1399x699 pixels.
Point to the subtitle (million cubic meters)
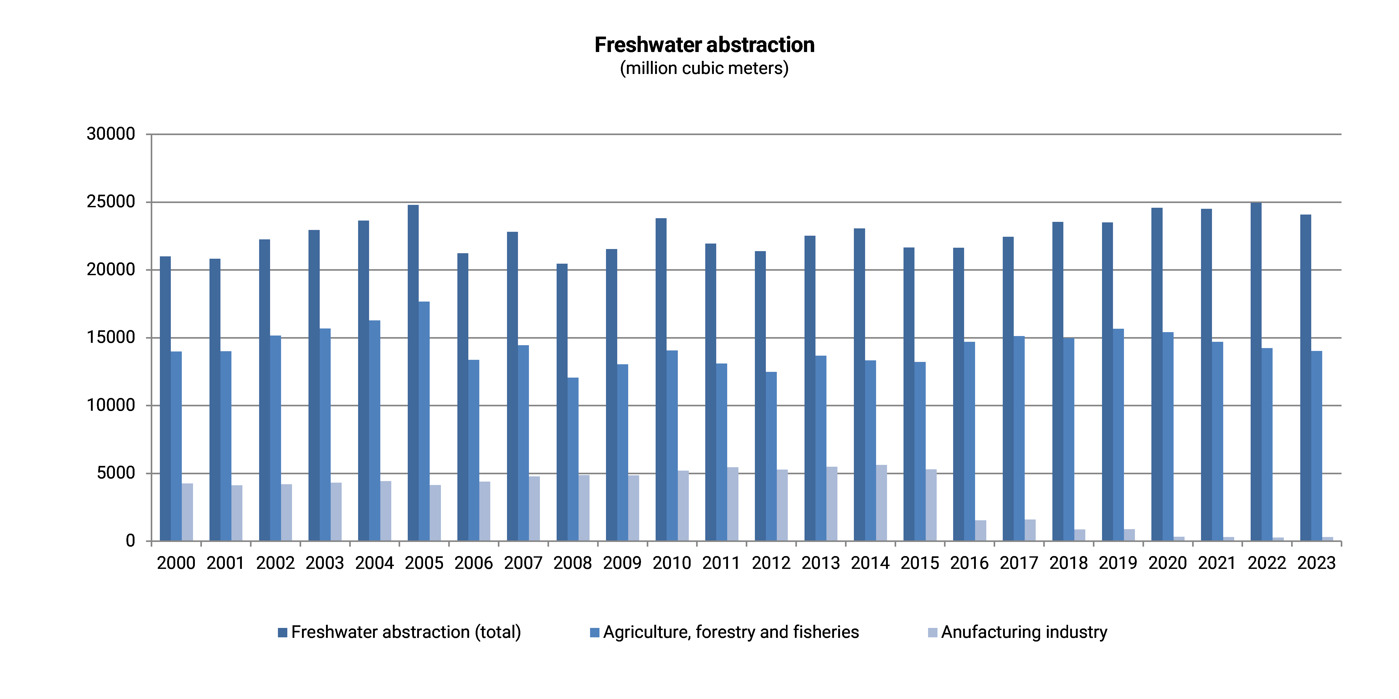[704, 68]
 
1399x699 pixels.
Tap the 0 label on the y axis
[130, 541]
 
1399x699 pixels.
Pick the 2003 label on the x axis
[325, 563]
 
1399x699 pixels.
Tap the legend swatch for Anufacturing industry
[932, 633]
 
